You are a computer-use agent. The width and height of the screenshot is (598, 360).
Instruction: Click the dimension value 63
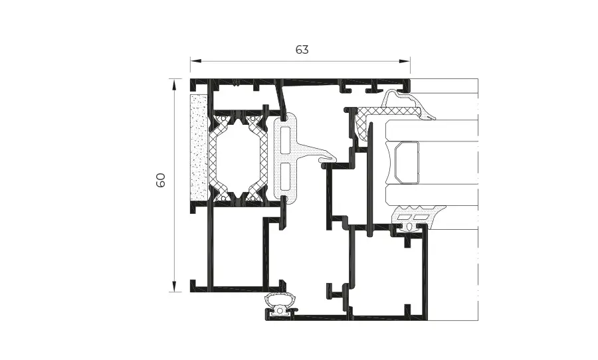[302, 50]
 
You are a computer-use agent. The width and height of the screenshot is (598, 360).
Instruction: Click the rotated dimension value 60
[161, 179]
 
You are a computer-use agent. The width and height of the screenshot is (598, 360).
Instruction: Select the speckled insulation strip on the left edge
[199, 147]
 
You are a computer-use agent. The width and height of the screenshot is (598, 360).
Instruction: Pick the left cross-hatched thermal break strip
[214, 159]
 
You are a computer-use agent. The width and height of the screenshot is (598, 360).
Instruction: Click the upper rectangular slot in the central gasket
[285, 140]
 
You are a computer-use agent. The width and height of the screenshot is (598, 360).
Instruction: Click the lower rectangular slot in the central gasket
[285, 177]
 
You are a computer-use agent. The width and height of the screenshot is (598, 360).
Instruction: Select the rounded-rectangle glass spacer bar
[407, 162]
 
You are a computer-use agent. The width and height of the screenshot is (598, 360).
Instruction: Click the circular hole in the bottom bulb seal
[280, 310]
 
